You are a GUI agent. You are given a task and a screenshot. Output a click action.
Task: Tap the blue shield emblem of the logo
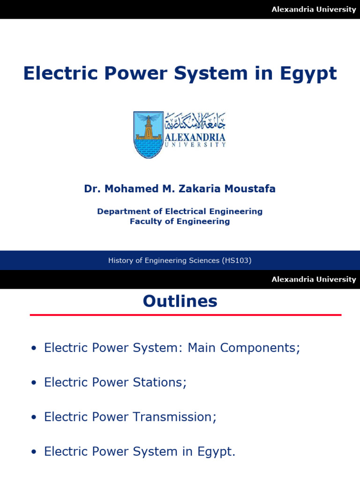point(148,135)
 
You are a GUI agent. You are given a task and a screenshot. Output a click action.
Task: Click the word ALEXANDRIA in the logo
point(195,137)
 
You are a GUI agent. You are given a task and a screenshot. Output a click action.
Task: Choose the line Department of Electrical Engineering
point(180,211)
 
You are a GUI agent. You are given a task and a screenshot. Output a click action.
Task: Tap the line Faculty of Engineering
point(180,221)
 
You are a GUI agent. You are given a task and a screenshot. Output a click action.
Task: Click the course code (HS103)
point(237,260)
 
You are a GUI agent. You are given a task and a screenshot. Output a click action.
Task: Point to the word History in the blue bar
point(120,260)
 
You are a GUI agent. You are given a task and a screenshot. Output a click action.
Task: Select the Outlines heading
point(180,301)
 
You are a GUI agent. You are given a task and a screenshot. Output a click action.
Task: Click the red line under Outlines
point(186,315)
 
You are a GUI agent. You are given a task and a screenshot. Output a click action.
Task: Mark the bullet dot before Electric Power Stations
point(33,383)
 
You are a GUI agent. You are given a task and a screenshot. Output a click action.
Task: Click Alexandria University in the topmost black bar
point(314,9)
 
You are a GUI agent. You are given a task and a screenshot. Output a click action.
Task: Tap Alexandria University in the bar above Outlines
point(314,279)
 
